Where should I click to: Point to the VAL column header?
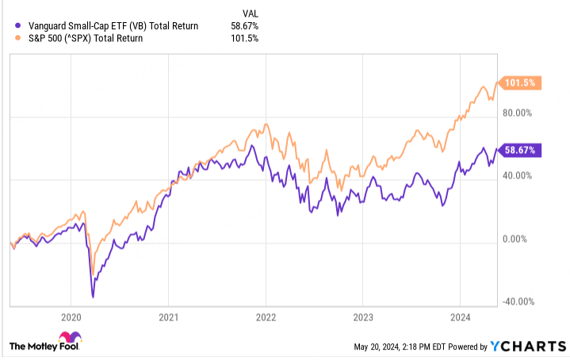coord(250,13)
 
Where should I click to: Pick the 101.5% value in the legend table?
coord(245,38)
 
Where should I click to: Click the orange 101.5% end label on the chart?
coord(521,82)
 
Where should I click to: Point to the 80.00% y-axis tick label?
coord(522,113)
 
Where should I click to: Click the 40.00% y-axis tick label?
coord(522,176)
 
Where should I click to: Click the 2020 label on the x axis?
coord(71,316)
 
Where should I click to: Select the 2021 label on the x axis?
coord(168,316)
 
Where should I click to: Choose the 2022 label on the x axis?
coord(266,316)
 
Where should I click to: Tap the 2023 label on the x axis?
coord(362,316)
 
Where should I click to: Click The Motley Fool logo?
coord(45,347)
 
